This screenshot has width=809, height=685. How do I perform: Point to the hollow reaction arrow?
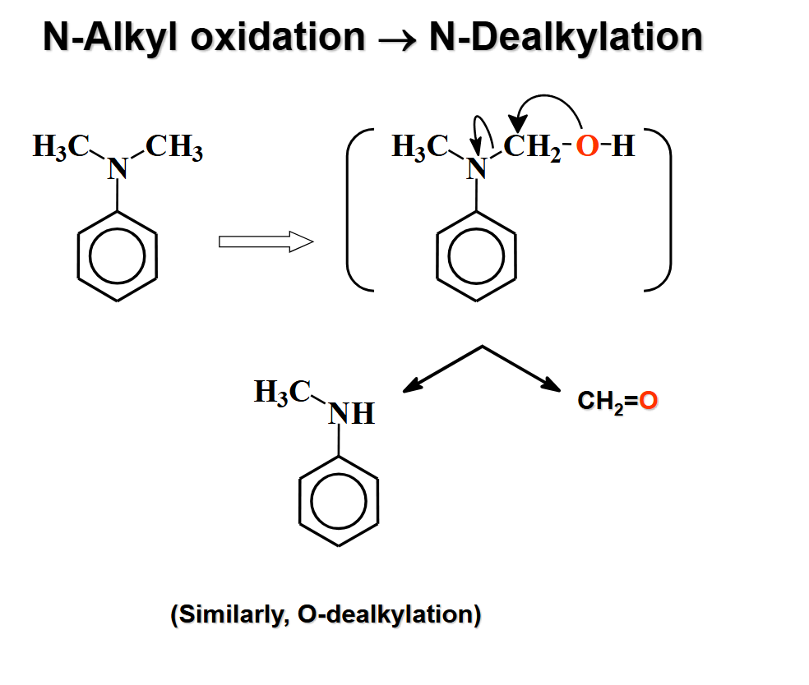[x=266, y=241]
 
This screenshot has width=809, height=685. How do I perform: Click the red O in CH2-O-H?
[x=586, y=148]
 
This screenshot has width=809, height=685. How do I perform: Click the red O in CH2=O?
[x=649, y=402]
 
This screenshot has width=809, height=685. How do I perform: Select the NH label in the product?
[x=352, y=414]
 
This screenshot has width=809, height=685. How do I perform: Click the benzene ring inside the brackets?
[x=475, y=256]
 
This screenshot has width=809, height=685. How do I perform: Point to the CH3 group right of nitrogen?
[x=175, y=149]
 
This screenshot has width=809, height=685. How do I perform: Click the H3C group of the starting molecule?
[x=61, y=148]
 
